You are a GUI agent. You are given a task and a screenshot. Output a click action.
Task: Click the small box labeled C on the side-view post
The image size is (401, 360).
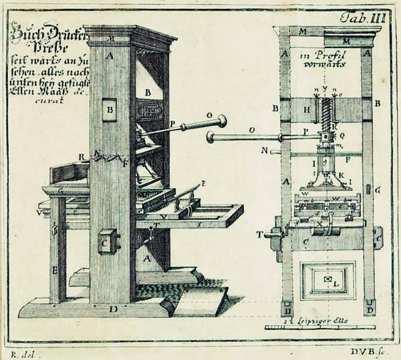click(x=107, y=242)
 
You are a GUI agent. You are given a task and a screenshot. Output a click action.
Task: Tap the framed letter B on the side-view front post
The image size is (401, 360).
click(x=110, y=108)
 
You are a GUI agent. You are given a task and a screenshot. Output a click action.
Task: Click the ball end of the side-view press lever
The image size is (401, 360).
click(x=221, y=122)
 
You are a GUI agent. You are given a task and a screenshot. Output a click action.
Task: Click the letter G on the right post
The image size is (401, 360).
click(x=378, y=190)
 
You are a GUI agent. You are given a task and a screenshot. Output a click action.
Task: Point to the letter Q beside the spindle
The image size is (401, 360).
click(x=342, y=134)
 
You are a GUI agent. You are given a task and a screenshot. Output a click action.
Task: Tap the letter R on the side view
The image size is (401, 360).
click(x=81, y=157)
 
